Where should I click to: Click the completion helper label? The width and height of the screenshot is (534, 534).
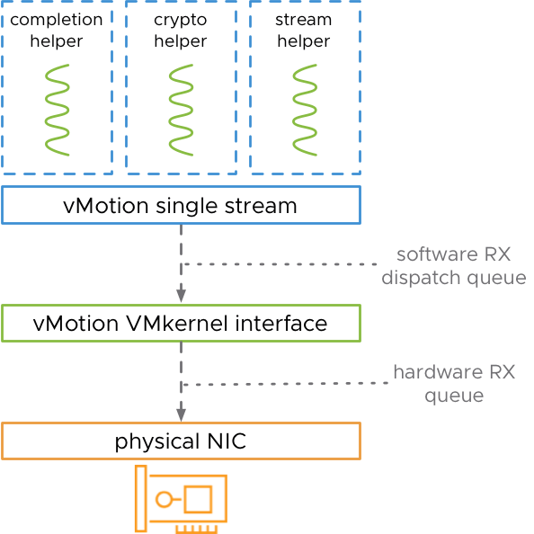[x=57, y=30]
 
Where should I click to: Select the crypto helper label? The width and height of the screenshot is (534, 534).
[x=180, y=30]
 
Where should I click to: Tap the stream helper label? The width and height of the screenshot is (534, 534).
[x=304, y=30]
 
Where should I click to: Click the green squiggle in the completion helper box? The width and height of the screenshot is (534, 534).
[x=58, y=109]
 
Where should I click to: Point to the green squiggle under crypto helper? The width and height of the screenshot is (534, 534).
[x=180, y=109]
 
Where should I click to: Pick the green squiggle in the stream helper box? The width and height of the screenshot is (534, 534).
[x=304, y=109]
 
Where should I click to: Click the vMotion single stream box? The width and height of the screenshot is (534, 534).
[x=181, y=205]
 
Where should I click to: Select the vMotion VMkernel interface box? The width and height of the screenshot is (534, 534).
[x=181, y=323]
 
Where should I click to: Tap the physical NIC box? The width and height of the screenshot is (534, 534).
[x=181, y=441]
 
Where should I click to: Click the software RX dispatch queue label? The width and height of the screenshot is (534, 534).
[x=453, y=266]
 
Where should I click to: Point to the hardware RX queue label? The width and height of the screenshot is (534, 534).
[x=453, y=384]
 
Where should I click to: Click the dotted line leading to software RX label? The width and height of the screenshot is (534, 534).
[x=279, y=264]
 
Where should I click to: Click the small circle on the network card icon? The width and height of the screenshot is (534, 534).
[x=163, y=500]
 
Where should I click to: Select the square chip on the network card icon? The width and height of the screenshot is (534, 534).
[x=197, y=499]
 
